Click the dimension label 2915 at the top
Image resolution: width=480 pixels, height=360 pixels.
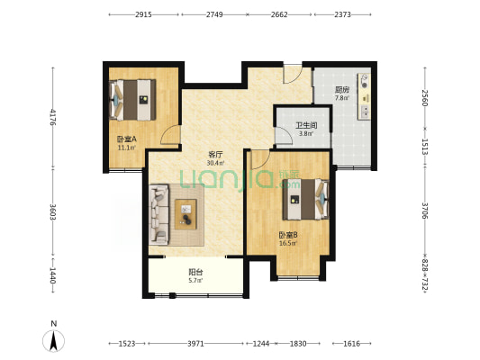[143, 14]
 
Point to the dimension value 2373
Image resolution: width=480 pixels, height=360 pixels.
[342, 14]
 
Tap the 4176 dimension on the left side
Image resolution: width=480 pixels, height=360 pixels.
[53, 117]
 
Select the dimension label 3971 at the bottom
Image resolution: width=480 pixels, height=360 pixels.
[195, 344]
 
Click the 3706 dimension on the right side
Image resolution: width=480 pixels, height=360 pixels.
[425, 211]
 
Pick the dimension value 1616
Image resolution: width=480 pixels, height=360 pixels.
[351, 344]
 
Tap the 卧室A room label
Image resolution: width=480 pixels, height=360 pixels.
[127, 139]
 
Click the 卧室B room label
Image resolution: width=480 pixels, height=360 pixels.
[288, 235]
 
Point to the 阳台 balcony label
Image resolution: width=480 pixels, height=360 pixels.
[195, 272]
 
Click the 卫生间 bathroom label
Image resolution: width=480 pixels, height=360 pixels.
[306, 125]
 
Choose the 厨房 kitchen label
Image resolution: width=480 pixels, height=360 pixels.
[342, 90]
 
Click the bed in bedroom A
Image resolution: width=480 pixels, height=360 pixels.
[132, 100]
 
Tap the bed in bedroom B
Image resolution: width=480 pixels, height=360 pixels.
[306, 200]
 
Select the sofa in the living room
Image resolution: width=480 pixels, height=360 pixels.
[158, 214]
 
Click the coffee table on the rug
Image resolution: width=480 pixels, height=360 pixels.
[186, 214]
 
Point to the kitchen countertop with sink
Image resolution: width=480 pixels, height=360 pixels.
[364, 96]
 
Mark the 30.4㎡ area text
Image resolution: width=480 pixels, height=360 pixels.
[215, 163]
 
